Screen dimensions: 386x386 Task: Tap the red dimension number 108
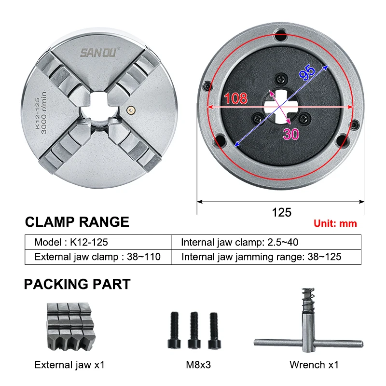(x=236, y=98)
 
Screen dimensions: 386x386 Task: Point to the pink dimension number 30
(x=291, y=134)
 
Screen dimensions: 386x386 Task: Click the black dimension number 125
(x=282, y=212)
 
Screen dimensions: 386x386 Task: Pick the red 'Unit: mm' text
(x=335, y=223)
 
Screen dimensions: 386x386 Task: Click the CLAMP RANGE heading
(x=77, y=222)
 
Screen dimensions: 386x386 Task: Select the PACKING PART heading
(x=77, y=284)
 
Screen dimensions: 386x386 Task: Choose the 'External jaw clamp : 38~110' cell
(x=97, y=257)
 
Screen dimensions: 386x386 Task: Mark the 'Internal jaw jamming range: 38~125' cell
(x=261, y=257)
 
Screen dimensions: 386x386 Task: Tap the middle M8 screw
(x=194, y=330)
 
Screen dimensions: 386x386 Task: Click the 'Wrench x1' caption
(x=314, y=365)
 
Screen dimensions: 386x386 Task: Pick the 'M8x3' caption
(x=198, y=365)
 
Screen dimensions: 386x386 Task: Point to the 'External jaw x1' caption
(x=69, y=365)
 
